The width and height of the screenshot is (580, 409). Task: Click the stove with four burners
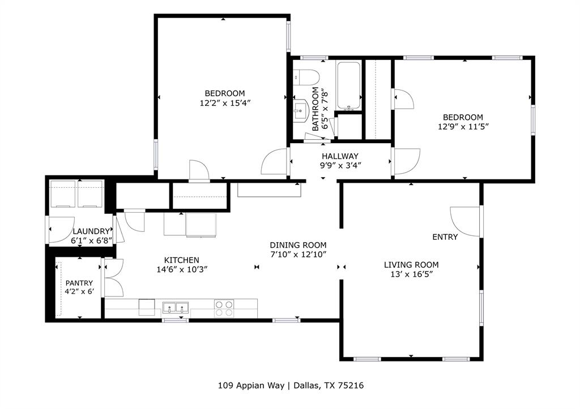(224, 308)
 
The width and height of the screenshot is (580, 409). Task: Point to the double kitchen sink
(176, 308)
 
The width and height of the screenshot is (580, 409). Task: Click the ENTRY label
(445, 237)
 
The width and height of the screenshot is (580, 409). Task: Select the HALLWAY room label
(340, 156)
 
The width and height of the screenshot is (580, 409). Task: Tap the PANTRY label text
(79, 283)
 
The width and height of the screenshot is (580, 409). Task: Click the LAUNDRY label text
(91, 231)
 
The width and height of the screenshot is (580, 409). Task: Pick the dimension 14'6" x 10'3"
(182, 269)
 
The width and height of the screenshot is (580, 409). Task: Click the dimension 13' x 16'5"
(411, 274)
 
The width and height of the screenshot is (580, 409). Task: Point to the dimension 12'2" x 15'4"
(225, 103)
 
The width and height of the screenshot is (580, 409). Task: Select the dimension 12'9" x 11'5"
(463, 127)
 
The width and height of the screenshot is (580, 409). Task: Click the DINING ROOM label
(298, 245)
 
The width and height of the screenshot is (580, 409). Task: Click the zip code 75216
(351, 386)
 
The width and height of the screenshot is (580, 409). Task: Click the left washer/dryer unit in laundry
(62, 194)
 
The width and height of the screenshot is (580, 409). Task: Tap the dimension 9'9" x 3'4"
(340, 166)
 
